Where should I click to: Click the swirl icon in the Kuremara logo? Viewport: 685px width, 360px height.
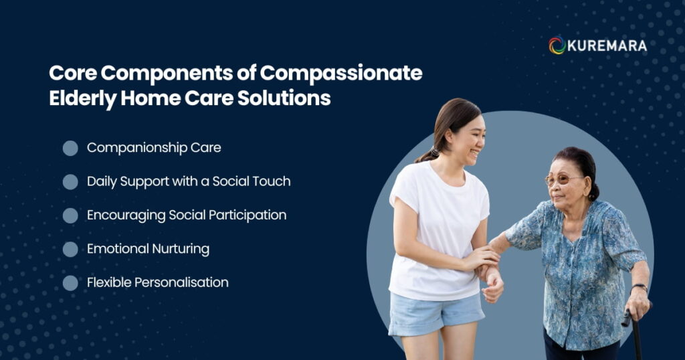point(557,46)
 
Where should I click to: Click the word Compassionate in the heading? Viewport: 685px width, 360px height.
point(341,74)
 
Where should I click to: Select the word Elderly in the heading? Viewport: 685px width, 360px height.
point(82,99)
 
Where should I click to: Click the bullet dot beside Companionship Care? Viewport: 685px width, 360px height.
point(70,148)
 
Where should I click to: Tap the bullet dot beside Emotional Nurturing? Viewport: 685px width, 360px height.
point(70,249)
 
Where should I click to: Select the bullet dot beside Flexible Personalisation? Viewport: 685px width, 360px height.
point(70,282)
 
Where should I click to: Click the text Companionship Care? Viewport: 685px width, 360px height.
point(154,148)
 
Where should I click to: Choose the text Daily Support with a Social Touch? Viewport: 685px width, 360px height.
point(189,181)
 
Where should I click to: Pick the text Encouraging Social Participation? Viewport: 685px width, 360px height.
point(187,215)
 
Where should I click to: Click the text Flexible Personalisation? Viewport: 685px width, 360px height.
point(158,282)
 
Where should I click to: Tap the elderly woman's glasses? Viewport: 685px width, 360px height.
point(562,179)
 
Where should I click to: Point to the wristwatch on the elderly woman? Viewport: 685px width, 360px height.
point(639,287)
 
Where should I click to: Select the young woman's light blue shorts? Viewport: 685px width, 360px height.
point(435,312)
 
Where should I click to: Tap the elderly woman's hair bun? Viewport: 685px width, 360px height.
point(593,192)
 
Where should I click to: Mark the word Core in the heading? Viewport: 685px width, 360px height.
point(73,73)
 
